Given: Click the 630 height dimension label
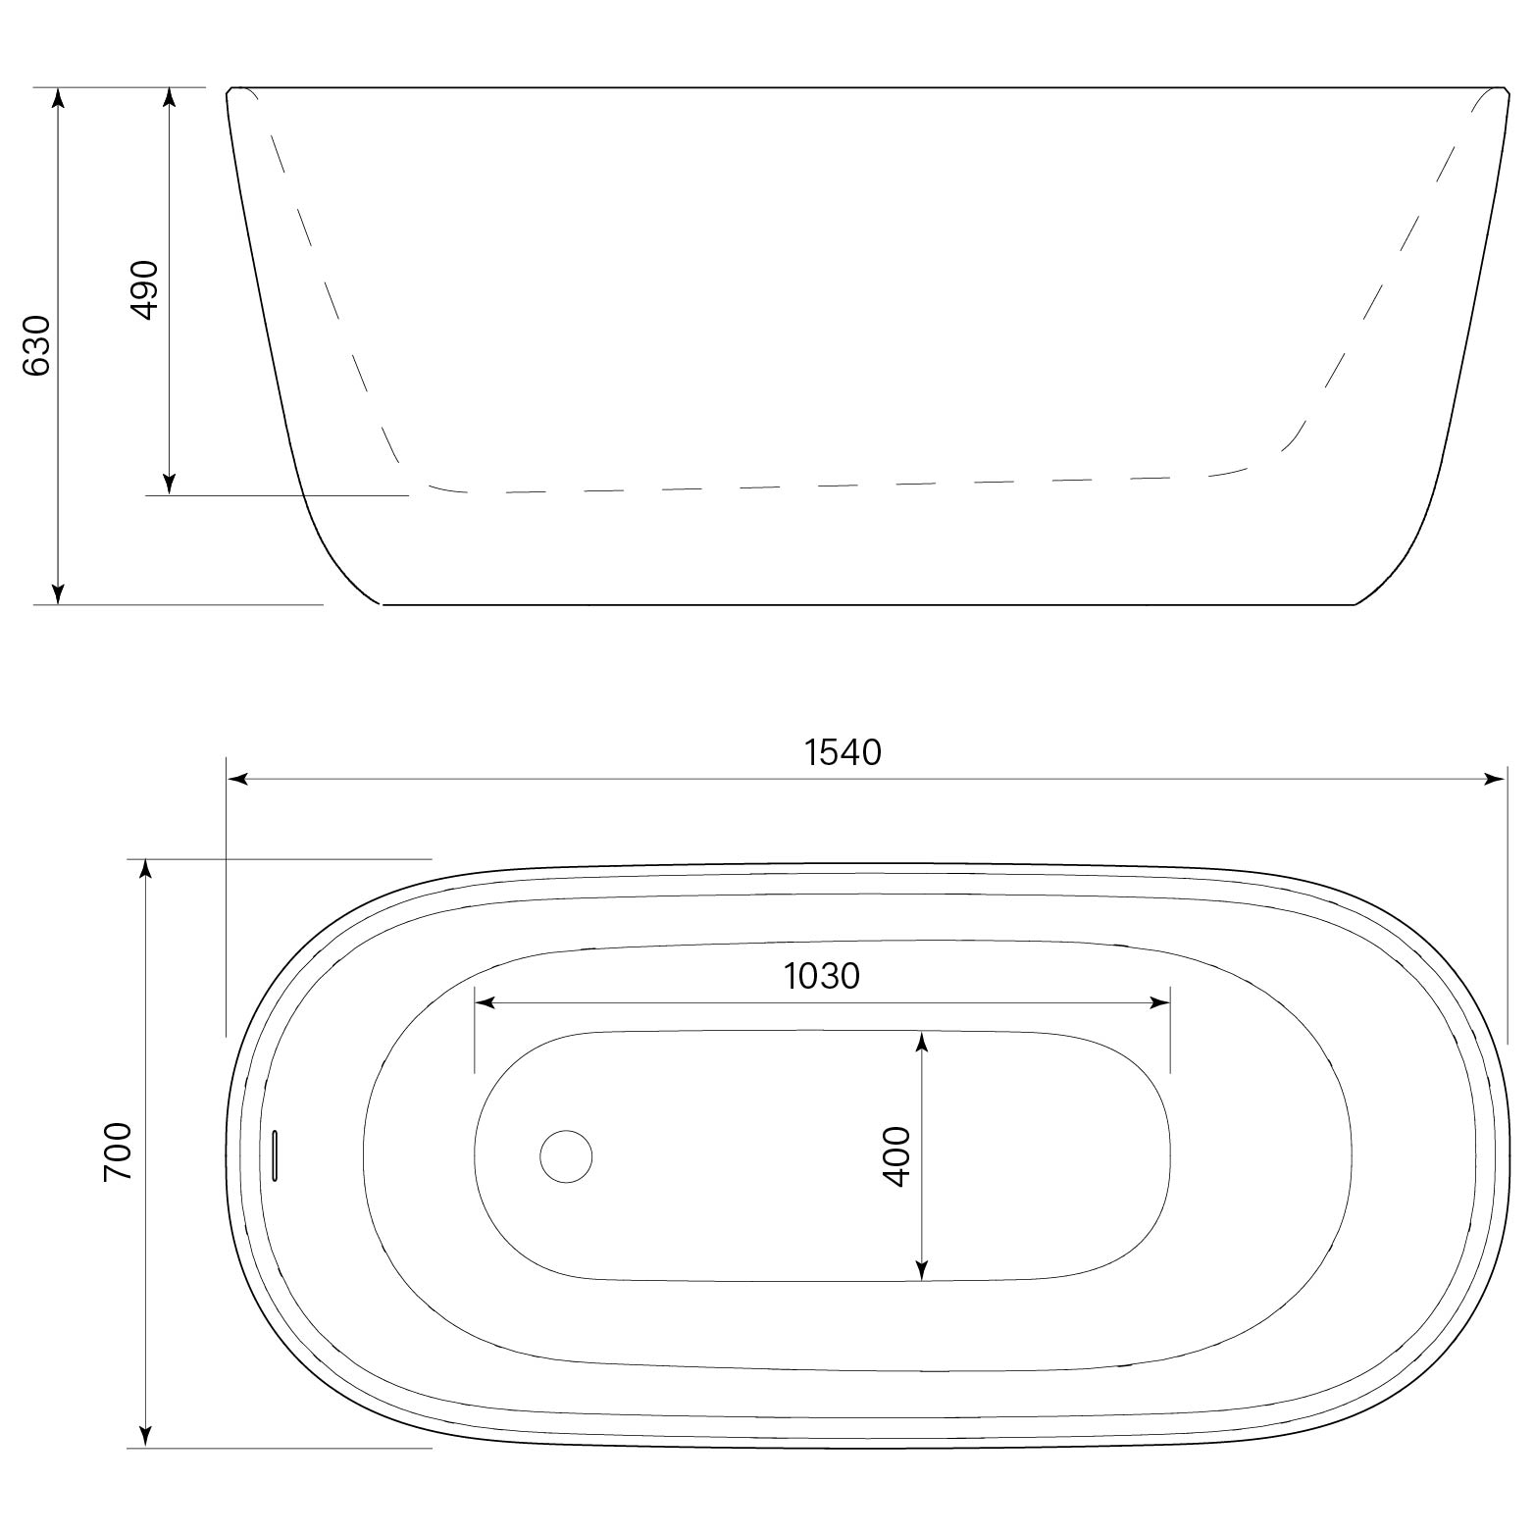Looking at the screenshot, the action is (x=36, y=345).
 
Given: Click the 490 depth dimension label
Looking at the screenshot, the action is (x=144, y=290).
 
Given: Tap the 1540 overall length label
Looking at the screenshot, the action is (x=843, y=752).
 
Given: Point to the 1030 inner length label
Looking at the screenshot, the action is (x=822, y=976).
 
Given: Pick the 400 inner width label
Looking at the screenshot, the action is (x=896, y=1156).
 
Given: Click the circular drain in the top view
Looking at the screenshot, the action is (x=566, y=1155).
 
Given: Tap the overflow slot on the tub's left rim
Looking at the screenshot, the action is (x=276, y=1154).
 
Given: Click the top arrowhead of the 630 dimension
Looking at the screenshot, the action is (x=58, y=98).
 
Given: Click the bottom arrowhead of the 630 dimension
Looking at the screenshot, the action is (x=58, y=593).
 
